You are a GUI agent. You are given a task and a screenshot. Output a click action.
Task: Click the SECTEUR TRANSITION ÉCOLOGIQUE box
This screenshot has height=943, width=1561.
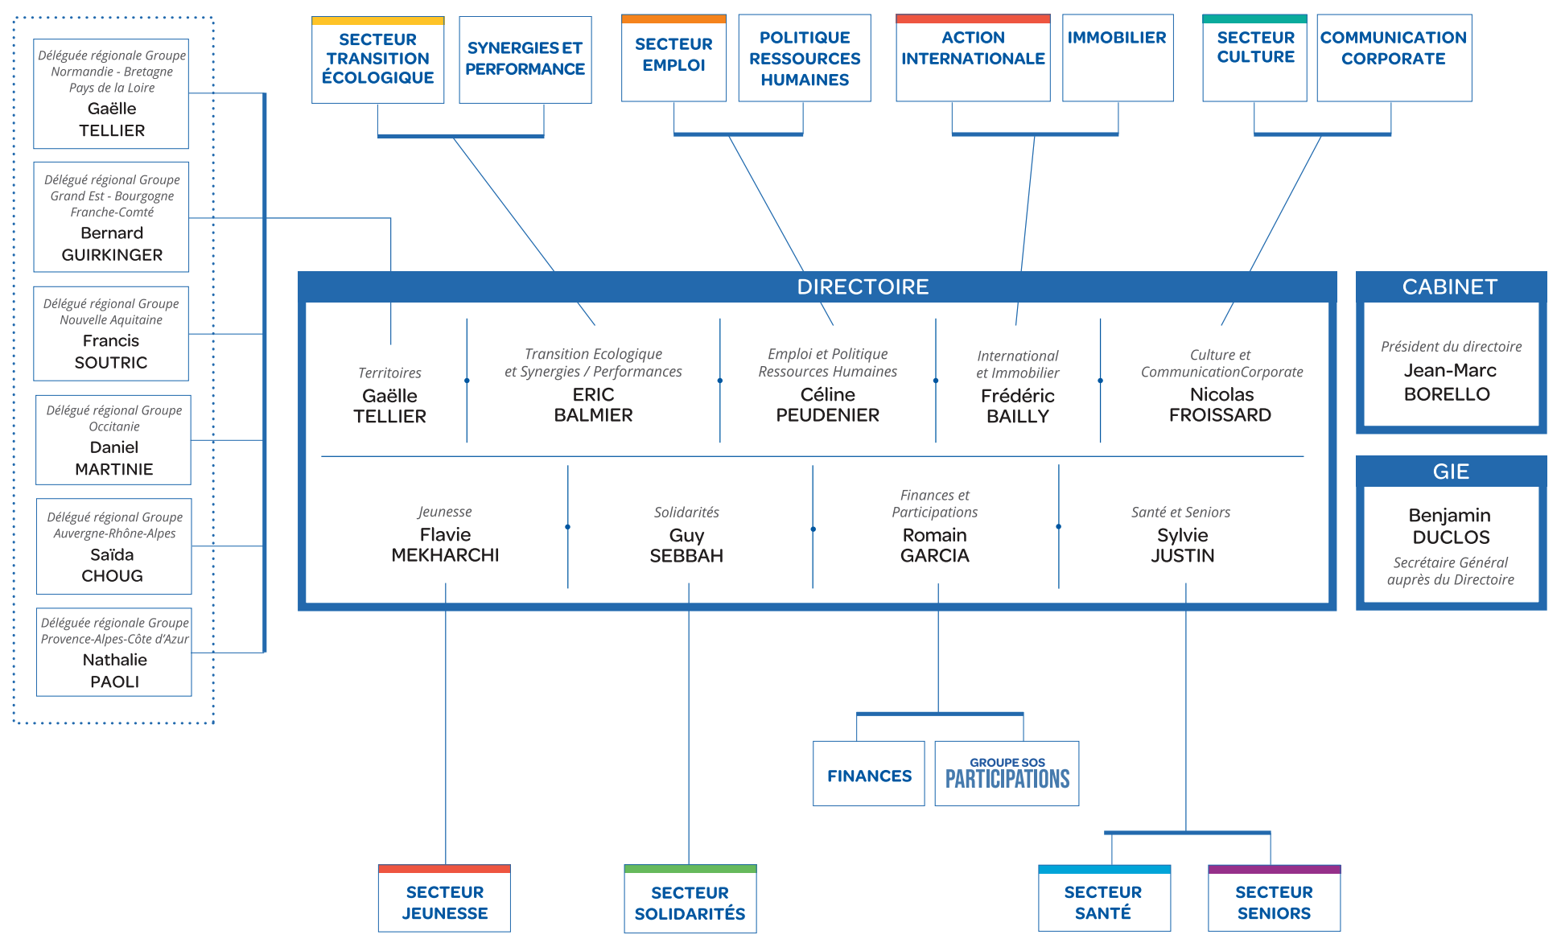tap(377, 60)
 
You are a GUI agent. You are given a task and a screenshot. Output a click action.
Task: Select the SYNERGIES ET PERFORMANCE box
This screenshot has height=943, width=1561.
tap(525, 60)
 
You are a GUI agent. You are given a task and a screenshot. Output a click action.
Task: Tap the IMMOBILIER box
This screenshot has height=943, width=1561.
tap(1118, 58)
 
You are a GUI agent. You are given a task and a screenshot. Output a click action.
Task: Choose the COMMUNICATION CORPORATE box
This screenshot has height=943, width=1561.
tap(1394, 58)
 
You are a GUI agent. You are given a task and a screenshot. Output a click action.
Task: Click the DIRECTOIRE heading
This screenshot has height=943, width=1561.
tap(863, 287)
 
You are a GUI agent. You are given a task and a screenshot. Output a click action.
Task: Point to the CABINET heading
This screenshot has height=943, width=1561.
tap(1450, 287)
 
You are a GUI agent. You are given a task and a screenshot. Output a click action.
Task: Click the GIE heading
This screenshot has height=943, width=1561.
tap(1451, 471)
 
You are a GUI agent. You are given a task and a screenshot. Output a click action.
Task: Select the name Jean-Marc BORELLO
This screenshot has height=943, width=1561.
tap(1448, 382)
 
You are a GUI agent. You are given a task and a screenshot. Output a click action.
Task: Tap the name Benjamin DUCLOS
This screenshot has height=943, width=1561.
tap(1450, 526)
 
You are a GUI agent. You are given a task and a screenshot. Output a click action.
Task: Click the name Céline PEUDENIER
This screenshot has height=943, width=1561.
tap(827, 405)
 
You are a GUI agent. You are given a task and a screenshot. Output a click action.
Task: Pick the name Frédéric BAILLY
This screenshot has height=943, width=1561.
tap(1018, 406)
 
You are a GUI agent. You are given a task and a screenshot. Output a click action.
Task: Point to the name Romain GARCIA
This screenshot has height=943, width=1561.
tap(935, 546)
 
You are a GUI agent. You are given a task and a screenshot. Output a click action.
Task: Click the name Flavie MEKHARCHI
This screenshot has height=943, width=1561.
tap(445, 545)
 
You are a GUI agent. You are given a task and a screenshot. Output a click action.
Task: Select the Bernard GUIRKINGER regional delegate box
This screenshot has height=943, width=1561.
tap(111, 217)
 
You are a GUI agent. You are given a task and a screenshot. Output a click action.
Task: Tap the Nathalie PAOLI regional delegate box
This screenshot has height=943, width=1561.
tap(114, 653)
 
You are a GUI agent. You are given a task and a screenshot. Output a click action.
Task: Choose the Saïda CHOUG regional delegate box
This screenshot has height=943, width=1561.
tap(114, 546)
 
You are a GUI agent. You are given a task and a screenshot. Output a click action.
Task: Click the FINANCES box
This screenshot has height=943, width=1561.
tap(869, 773)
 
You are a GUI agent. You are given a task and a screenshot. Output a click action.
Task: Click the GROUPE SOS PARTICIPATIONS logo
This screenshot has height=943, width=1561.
tap(1007, 773)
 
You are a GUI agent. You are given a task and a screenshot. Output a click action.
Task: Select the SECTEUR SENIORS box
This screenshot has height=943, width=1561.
tap(1275, 899)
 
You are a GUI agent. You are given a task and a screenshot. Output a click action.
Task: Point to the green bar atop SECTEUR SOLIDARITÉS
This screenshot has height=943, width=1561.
tap(690, 869)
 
